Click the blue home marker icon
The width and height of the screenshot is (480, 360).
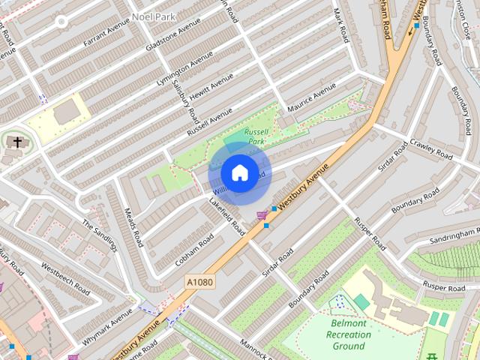(239, 172)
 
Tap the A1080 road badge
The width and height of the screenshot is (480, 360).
(199, 281)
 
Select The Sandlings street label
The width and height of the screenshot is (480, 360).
(100, 235)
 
